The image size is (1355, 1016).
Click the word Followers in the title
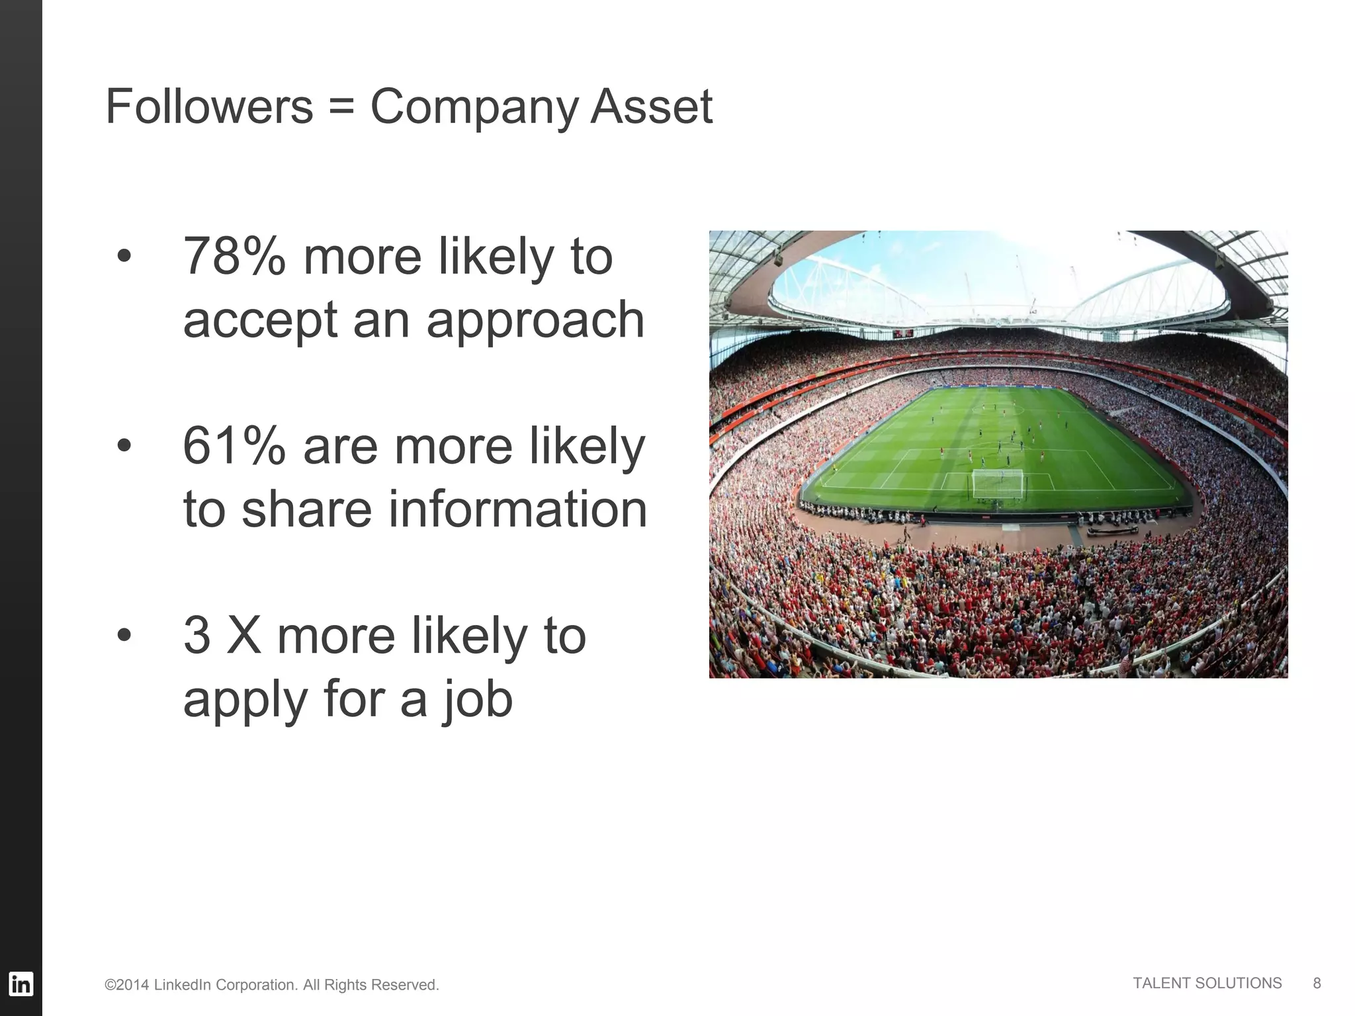point(209,106)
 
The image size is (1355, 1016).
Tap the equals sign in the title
point(341,108)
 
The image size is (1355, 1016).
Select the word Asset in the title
point(651,106)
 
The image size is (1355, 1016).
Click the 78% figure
point(234,257)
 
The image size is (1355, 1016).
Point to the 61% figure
point(234,446)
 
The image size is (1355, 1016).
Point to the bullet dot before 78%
point(124,257)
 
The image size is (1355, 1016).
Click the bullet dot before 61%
point(124,446)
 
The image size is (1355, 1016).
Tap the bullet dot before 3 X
point(124,636)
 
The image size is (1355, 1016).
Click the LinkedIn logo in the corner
point(21,984)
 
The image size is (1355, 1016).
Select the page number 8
point(1317,983)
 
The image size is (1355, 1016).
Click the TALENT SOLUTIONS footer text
point(1207,983)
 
